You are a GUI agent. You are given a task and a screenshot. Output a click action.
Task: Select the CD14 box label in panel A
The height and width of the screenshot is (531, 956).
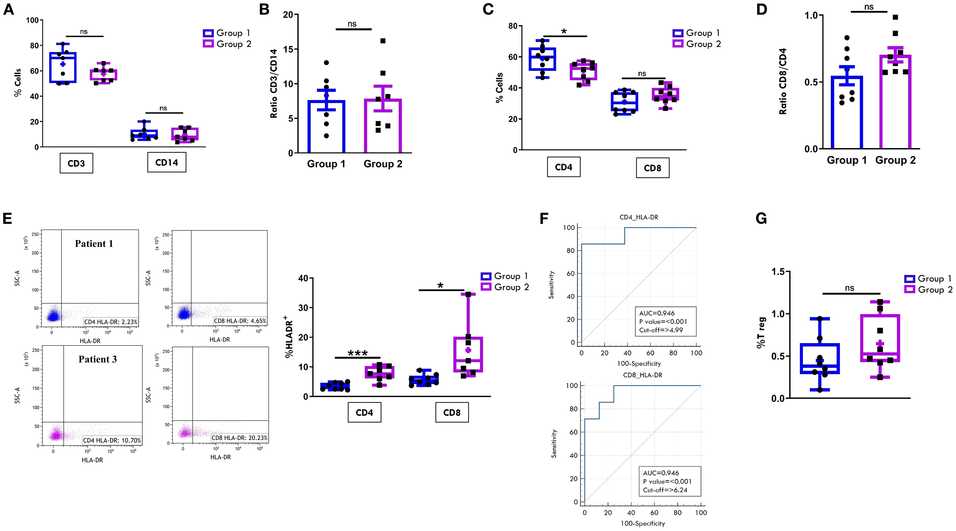tap(167, 162)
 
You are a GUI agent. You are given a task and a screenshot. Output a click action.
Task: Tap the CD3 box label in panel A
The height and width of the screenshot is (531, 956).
tap(76, 163)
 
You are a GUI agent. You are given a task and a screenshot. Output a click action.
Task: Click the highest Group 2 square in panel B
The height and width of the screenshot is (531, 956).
tap(383, 41)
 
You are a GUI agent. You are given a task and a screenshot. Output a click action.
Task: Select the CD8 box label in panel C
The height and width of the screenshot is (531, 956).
tap(652, 168)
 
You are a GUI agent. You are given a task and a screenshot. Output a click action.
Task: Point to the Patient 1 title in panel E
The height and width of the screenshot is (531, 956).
tap(94, 244)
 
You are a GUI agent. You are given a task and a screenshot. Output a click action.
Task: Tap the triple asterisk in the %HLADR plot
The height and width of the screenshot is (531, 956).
tap(357, 353)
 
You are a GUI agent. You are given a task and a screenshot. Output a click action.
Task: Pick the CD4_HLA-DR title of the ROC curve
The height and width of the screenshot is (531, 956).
tap(639, 217)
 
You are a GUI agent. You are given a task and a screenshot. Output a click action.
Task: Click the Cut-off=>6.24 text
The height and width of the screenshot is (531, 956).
tap(665, 490)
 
